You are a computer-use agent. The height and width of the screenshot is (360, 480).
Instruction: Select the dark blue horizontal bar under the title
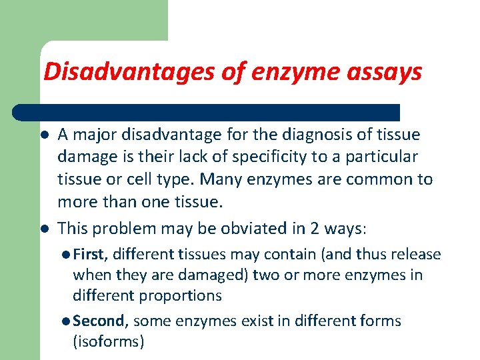point(207,112)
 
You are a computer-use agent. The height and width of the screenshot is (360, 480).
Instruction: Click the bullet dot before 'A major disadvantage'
point(43,135)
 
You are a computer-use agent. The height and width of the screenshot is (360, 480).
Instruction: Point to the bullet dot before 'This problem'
point(43,229)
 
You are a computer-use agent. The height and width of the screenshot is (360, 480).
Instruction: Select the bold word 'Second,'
point(99,321)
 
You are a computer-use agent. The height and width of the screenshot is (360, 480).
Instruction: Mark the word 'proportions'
point(180,295)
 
